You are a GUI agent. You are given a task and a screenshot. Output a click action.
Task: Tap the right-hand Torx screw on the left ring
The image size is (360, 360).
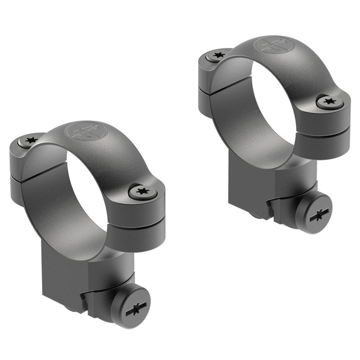coord(143,191)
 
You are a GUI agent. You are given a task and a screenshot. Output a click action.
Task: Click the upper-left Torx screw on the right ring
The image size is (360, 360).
coord(218,56)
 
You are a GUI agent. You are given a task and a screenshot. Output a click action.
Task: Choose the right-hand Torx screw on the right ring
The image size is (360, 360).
coord(329,102)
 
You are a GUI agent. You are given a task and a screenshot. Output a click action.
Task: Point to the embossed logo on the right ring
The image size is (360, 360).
coord(272,45)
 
